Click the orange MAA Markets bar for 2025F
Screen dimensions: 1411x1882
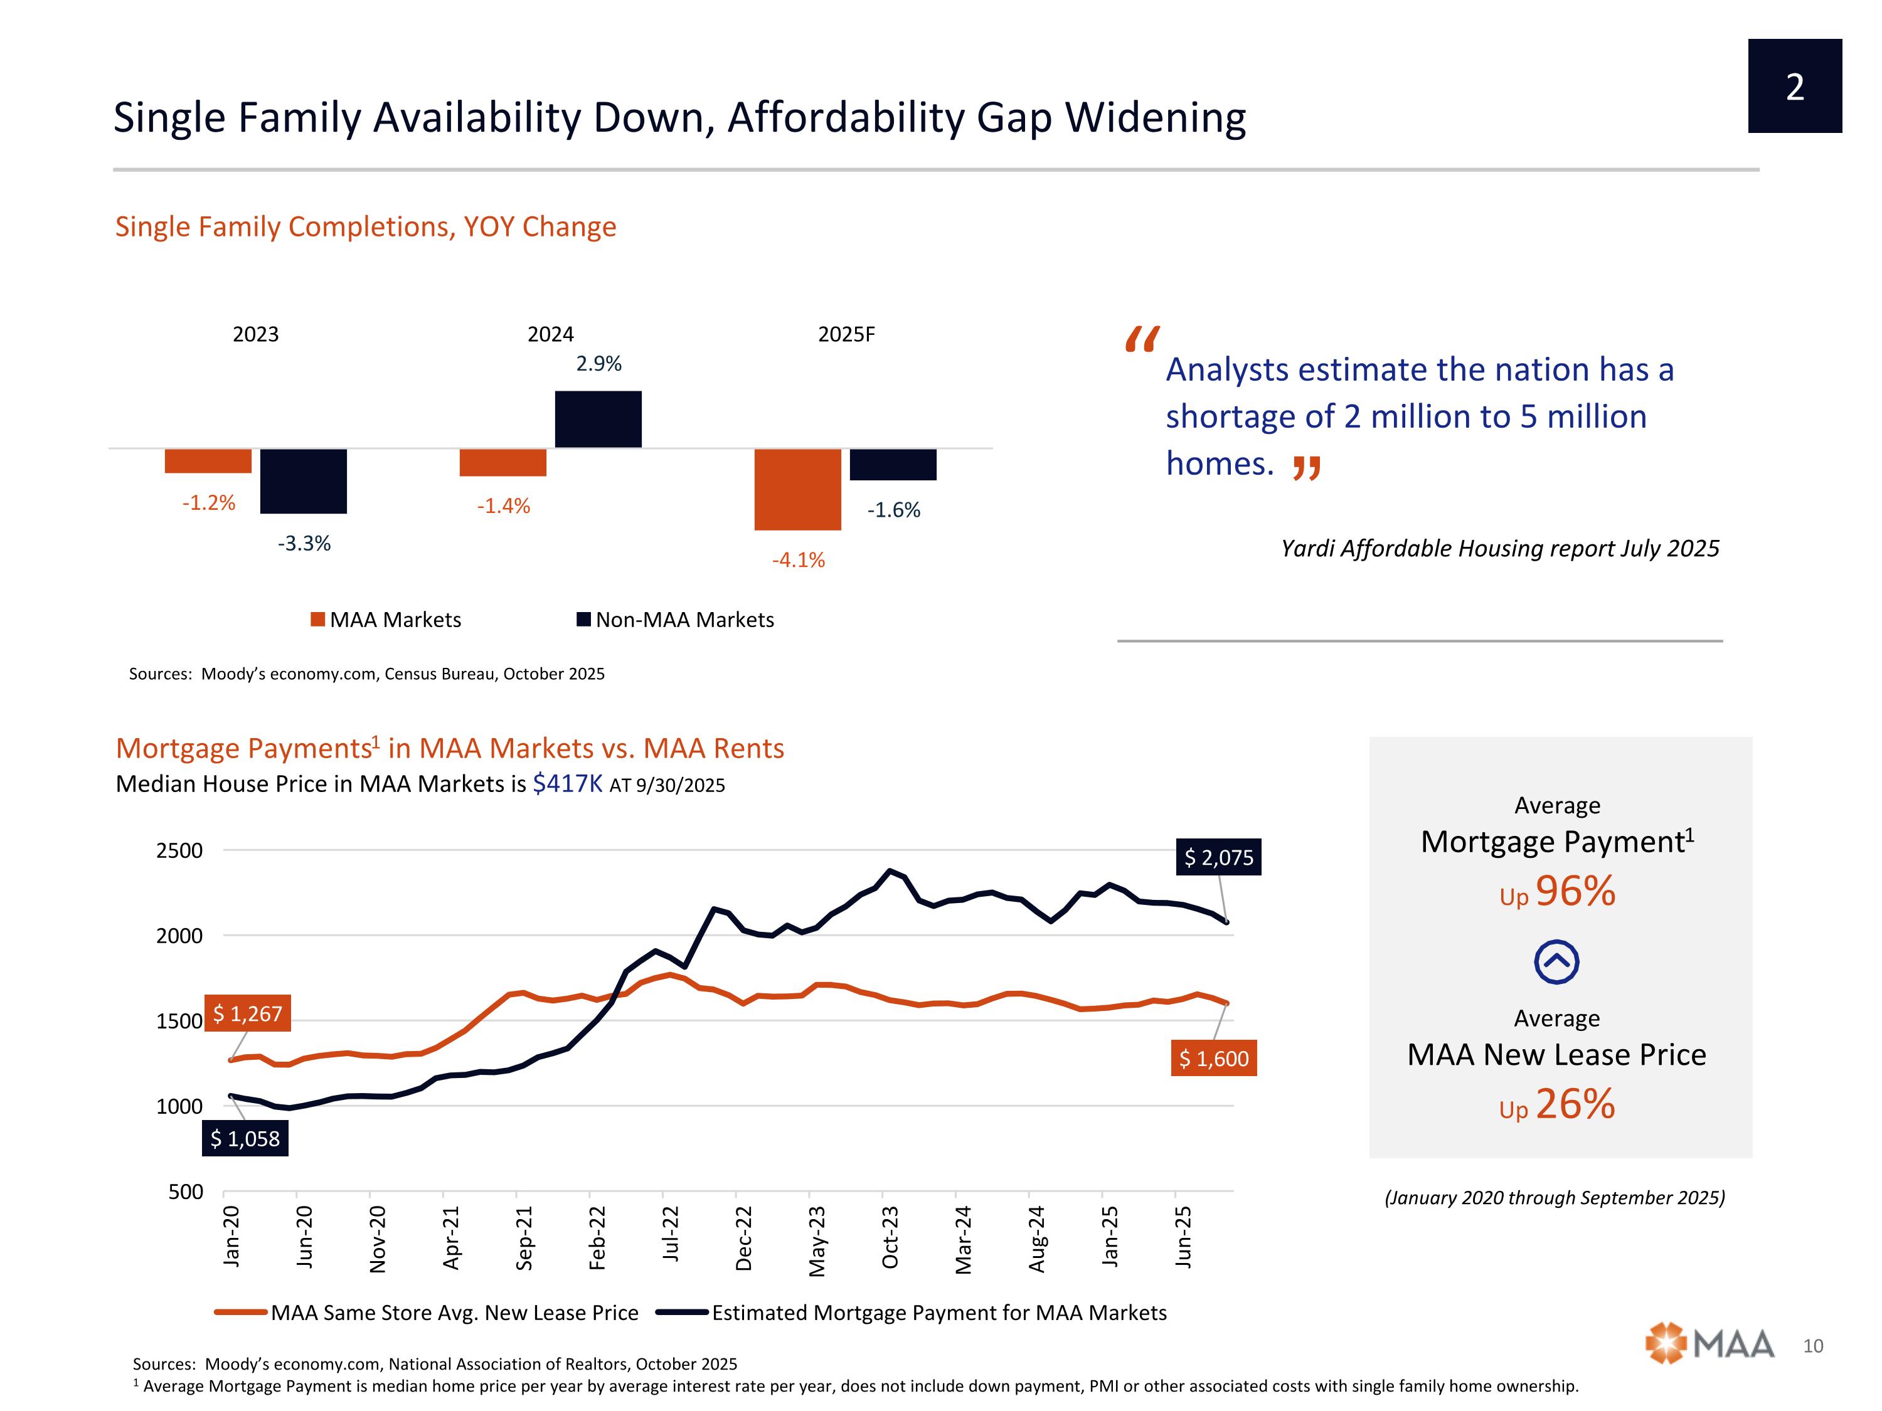[797, 489]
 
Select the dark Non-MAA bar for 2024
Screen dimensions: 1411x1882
[598, 420]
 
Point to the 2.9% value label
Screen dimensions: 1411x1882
[599, 364]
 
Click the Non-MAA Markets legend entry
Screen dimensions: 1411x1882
[676, 620]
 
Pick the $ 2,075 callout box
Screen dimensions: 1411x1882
[1218, 857]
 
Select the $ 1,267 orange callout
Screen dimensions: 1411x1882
[248, 1014]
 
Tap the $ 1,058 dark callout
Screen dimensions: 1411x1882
[245, 1139]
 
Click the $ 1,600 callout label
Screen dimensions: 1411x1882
[1213, 1059]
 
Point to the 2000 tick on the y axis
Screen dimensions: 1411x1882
[179, 936]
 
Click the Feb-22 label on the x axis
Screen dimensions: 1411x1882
[597, 1239]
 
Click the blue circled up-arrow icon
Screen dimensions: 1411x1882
[1556, 962]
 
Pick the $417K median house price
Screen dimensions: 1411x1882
[566, 783]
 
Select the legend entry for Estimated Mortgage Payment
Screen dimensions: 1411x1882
[912, 1313]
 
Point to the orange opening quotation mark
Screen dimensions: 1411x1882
[1141, 339]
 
